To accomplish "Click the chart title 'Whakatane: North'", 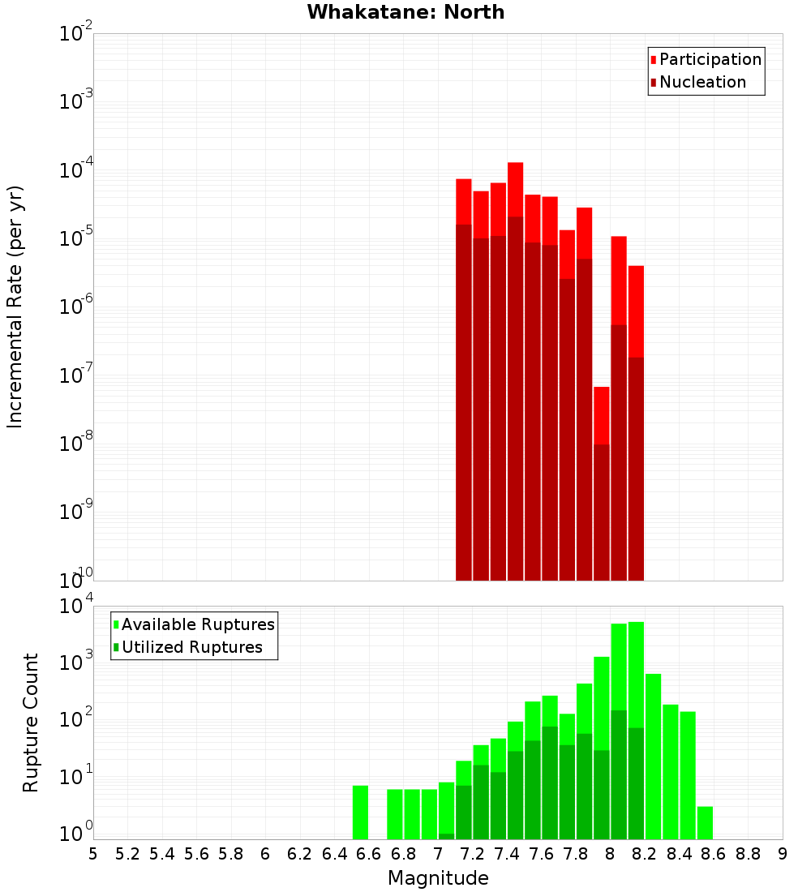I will click(x=405, y=12).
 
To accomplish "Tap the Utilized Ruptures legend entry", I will click(x=191, y=647).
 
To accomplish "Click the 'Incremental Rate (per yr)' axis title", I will click(x=15, y=307).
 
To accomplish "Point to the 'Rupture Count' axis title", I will click(x=31, y=723).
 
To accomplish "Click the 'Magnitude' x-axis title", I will click(x=438, y=878).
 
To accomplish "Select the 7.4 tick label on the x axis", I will click(x=507, y=854).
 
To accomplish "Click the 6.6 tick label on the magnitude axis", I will click(x=369, y=854).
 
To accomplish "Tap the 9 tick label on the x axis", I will click(x=783, y=854).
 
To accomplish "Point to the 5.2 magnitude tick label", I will click(x=127, y=854).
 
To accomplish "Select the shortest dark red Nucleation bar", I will click(x=601, y=511).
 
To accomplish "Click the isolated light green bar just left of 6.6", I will click(x=360, y=812).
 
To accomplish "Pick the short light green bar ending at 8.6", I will click(x=705, y=822).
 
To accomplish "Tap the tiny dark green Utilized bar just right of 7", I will click(x=446, y=836).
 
